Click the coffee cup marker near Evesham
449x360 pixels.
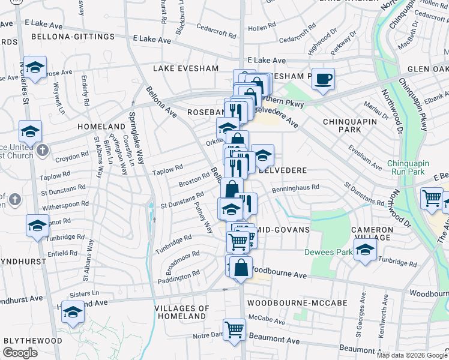pos(323,79)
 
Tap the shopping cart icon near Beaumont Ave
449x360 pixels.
pos(234,329)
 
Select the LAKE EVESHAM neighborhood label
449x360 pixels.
pos(185,68)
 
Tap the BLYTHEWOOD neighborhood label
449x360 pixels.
pos(33,340)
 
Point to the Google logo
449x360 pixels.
pos(20,353)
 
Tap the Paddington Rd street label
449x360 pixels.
pos(179,277)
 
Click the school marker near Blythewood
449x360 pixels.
pos(73,313)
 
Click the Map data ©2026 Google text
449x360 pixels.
pos(411,355)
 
